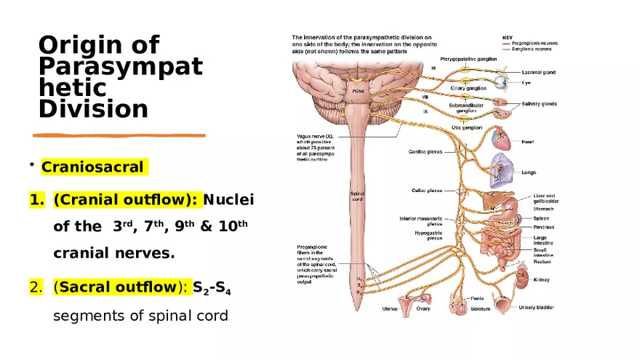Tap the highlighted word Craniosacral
tap(92, 167)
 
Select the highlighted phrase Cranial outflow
tap(124, 199)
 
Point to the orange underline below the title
tap(120, 135)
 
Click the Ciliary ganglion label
tap(468, 88)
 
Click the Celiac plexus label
tap(428, 191)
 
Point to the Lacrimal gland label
tap(539, 73)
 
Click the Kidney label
tap(542, 279)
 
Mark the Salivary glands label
tap(539, 103)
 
